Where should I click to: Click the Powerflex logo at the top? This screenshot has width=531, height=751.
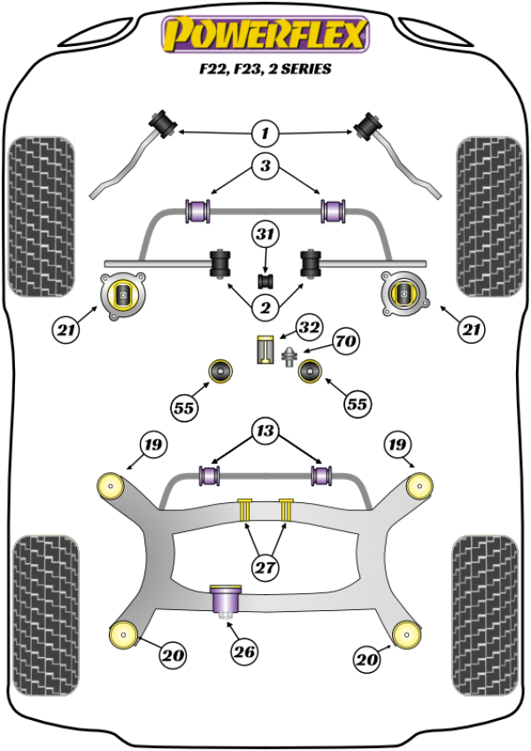tap(264, 35)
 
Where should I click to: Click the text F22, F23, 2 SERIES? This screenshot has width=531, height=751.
tap(265, 69)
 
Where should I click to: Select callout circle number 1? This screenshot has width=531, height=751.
tap(265, 134)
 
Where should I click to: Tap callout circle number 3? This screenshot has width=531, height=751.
tap(265, 166)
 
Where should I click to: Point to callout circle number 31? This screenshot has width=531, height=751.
tap(265, 235)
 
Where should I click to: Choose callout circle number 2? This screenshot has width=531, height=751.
tap(265, 307)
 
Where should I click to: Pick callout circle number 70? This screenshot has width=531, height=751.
tap(344, 341)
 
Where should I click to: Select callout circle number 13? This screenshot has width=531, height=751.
tap(265, 432)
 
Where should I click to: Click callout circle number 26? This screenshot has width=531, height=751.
tap(244, 653)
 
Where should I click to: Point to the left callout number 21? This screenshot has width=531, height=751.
tap(64, 331)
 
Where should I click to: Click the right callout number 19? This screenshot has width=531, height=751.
tap(396, 444)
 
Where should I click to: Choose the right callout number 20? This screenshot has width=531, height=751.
tap(366, 658)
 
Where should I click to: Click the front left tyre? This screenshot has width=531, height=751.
tap(41, 216)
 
